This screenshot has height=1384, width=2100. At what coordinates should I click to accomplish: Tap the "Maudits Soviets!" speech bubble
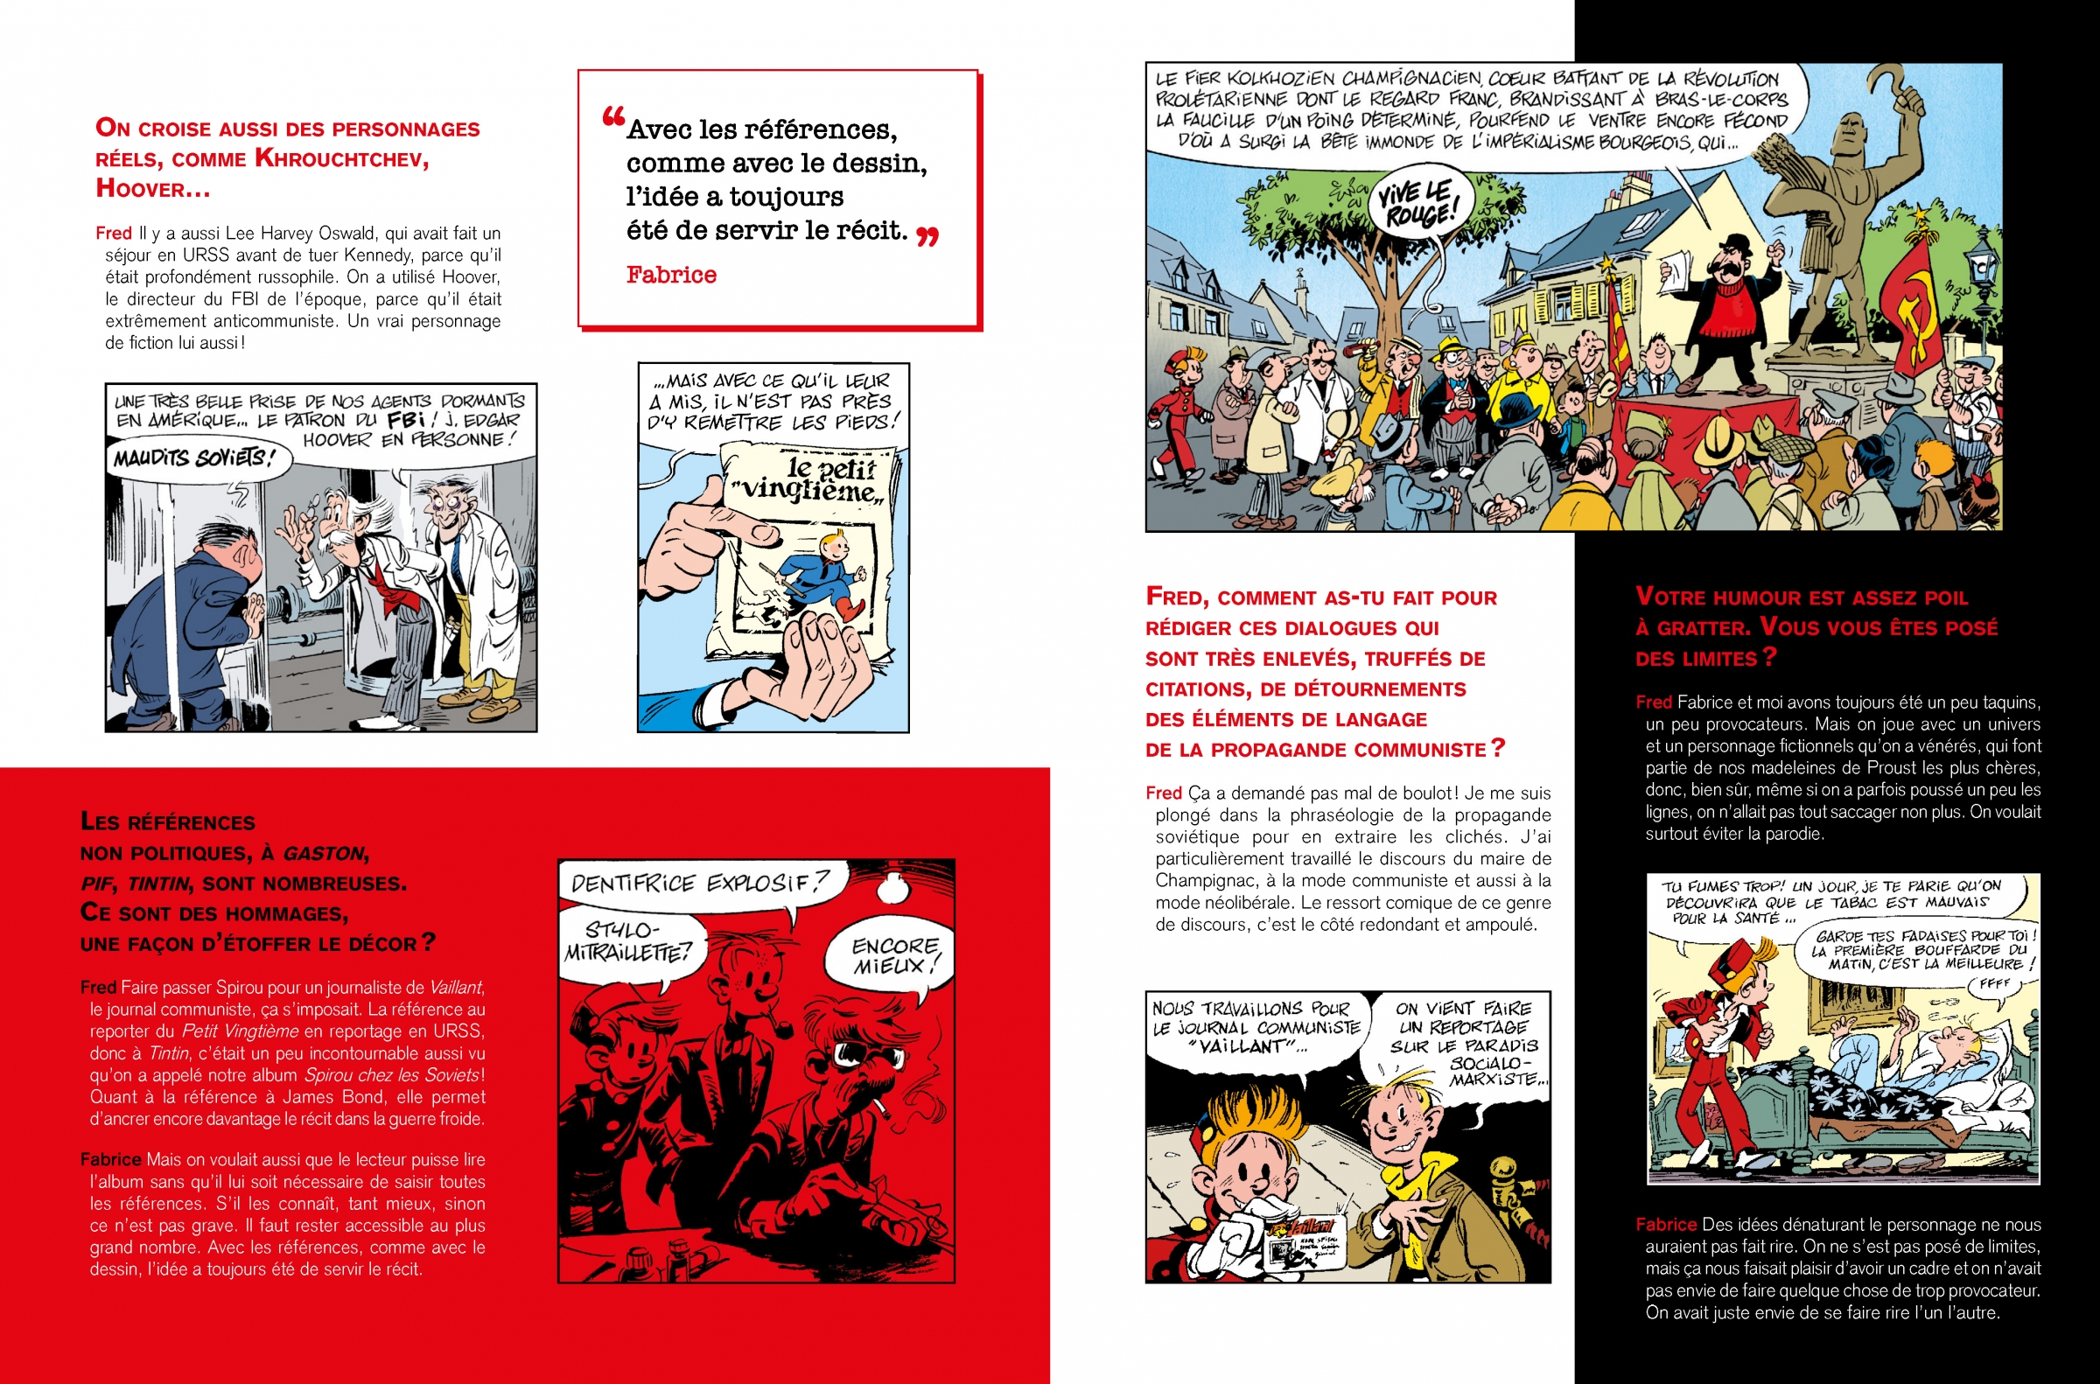click(190, 458)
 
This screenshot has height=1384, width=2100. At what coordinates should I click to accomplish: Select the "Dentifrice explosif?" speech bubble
click(699, 883)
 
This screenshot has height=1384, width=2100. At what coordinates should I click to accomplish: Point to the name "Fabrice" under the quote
click(671, 275)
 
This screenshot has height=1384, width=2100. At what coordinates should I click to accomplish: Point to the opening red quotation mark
click(612, 117)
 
